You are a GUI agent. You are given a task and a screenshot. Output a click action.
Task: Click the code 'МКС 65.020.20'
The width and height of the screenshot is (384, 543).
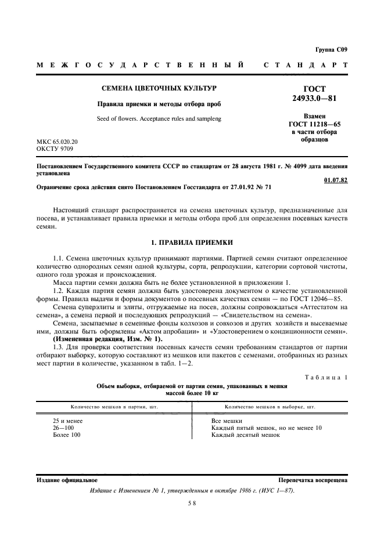(58, 141)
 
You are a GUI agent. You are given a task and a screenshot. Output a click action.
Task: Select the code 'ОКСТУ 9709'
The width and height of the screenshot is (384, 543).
(53, 149)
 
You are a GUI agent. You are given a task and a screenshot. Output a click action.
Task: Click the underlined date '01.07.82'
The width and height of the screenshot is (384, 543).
(336, 180)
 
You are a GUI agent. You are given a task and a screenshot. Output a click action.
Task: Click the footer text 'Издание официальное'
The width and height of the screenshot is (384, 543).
(59, 480)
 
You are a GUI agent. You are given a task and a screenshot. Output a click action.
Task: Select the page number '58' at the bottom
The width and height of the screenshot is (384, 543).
(191, 504)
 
